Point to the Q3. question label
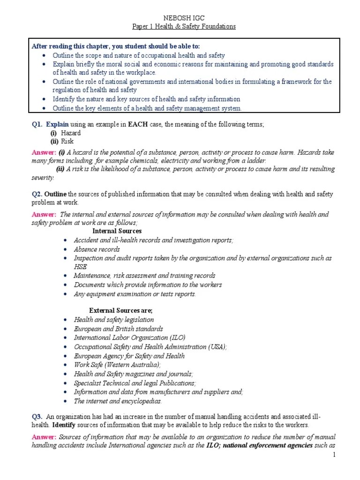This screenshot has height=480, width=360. [x=37, y=416]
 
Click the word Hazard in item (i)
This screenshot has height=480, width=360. [x=71, y=133]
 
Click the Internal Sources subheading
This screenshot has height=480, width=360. [x=117, y=232]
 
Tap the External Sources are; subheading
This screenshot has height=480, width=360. [x=120, y=311]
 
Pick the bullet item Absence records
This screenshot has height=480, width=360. [x=97, y=249]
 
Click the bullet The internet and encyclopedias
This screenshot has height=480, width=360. [x=117, y=401]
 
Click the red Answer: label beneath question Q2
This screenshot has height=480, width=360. [x=43, y=214]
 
